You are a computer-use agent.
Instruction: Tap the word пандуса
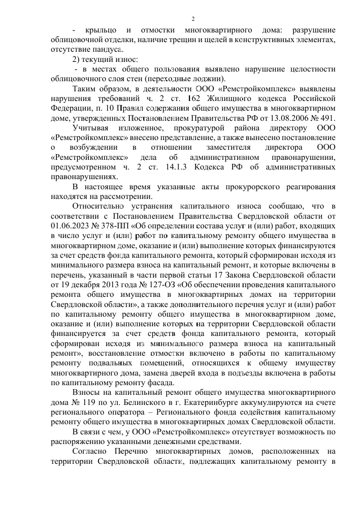coord(108,50)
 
